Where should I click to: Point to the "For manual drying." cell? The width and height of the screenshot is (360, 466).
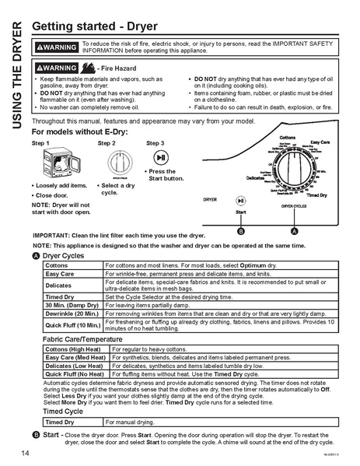tap(131, 422)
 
